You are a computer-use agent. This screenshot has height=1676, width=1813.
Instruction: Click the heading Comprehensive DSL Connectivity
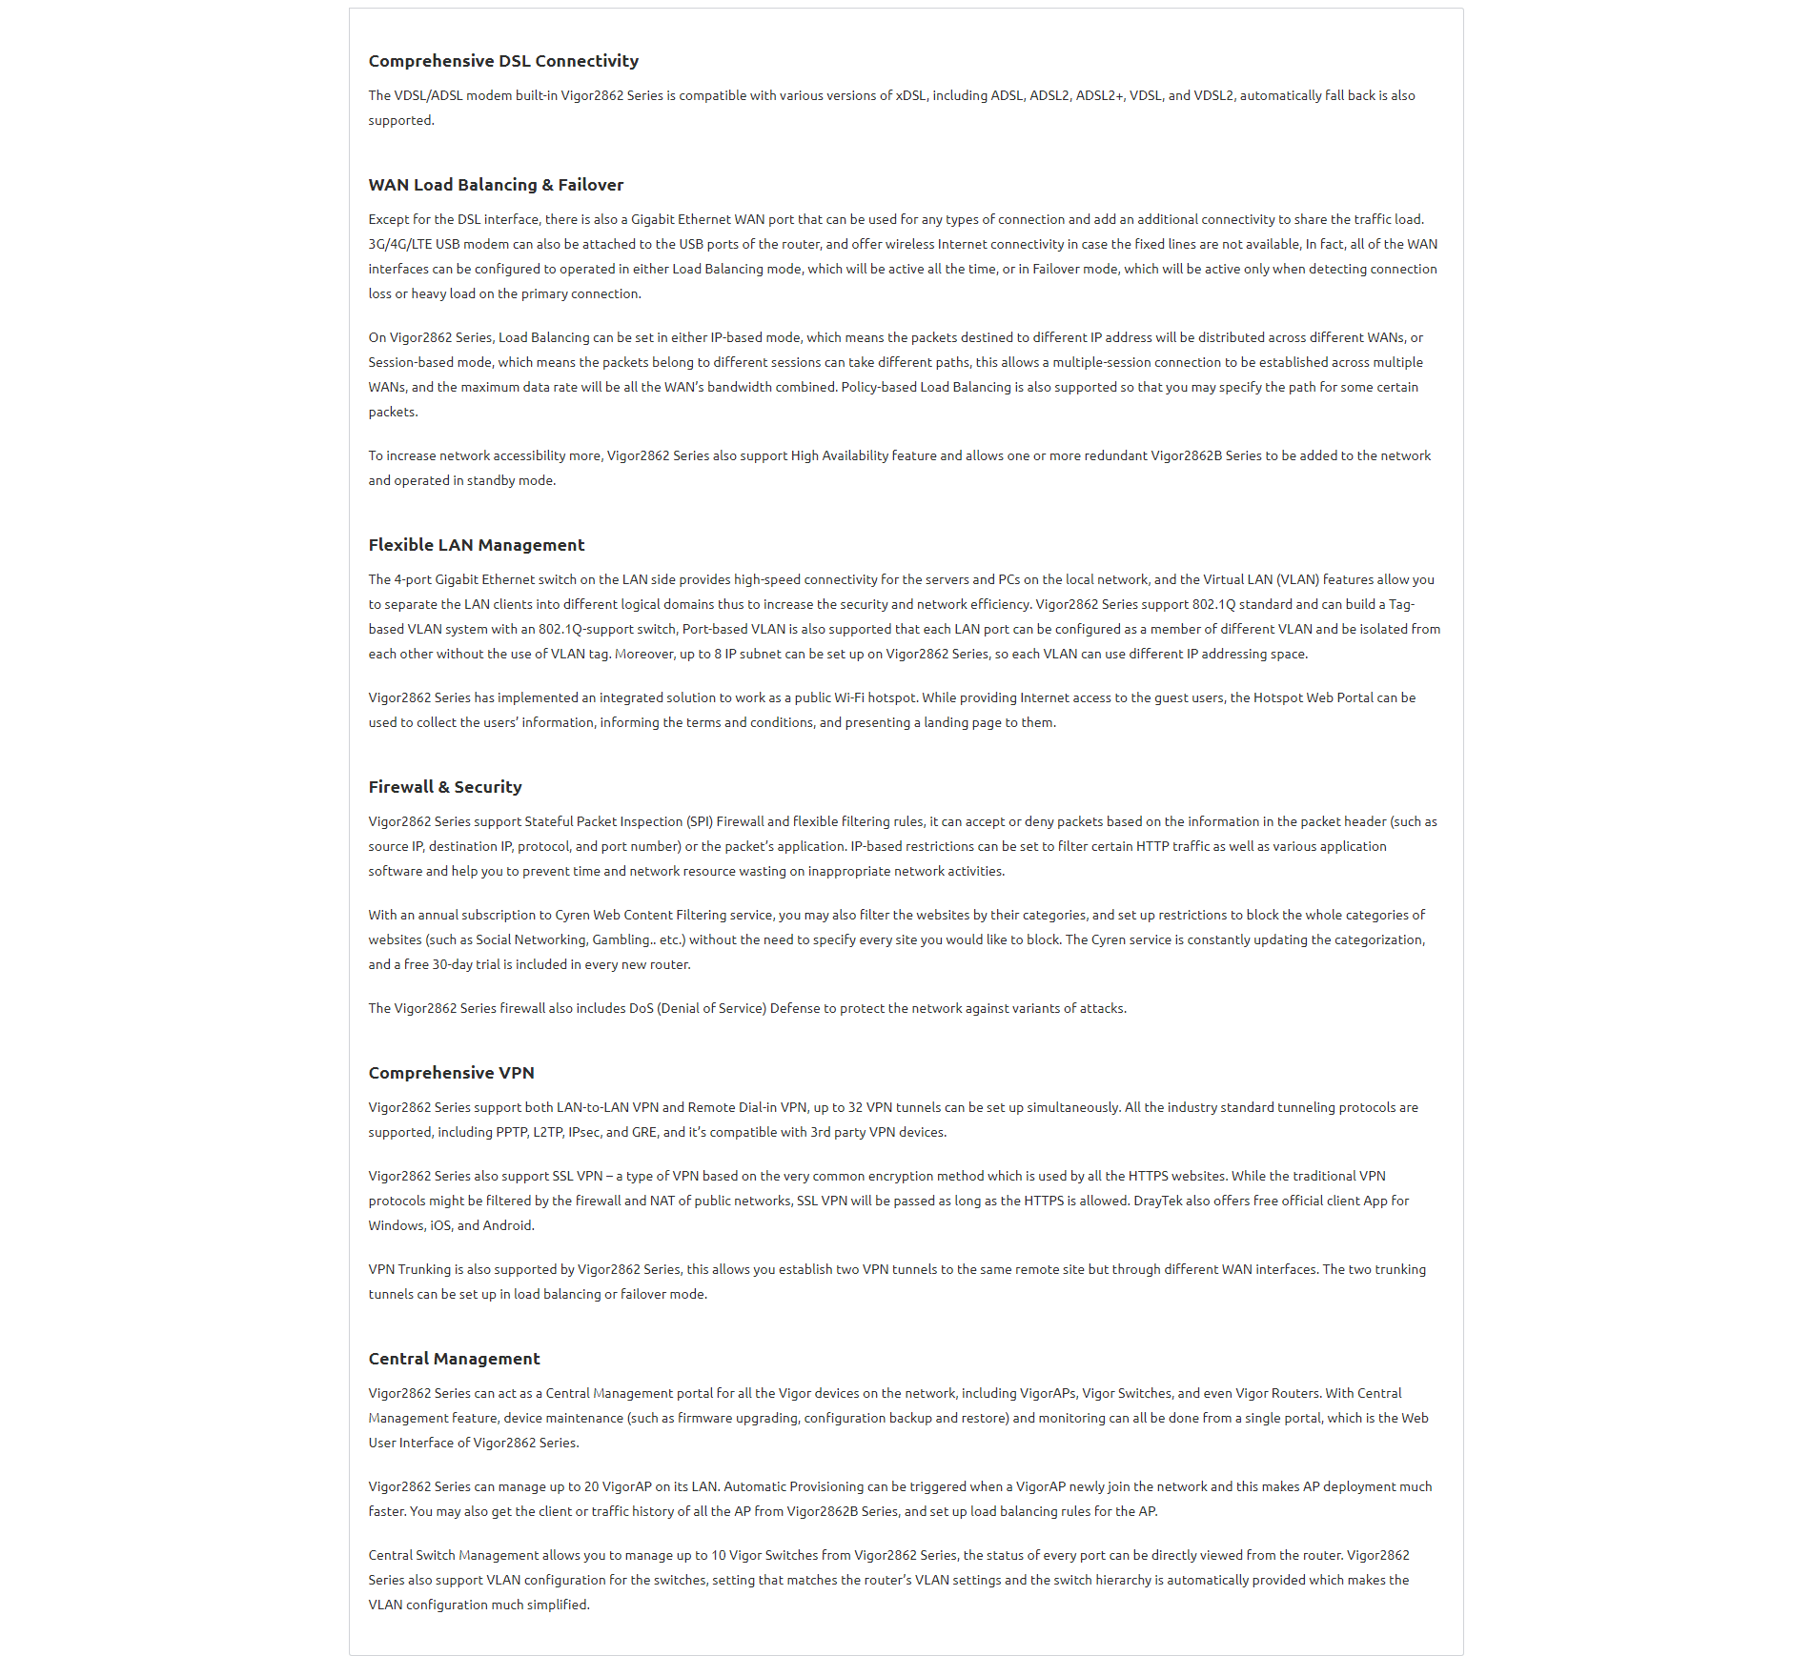coord(503,61)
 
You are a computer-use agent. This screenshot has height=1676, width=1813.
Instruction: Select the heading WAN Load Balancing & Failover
coord(496,185)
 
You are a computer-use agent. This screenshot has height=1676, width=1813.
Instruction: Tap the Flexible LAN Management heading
coord(476,545)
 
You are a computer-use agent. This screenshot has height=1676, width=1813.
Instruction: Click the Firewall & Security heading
coord(445,787)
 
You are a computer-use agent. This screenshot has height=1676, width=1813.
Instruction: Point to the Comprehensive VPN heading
coord(451,1073)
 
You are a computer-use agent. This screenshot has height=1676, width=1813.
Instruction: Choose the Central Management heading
coord(454,1359)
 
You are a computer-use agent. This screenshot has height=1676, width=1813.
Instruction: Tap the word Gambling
coord(621,939)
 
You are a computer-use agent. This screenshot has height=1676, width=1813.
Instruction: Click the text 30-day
coord(452,964)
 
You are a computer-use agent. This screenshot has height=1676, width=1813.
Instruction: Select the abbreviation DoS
coord(641,1008)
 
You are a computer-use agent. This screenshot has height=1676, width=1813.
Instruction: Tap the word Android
coord(506,1225)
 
